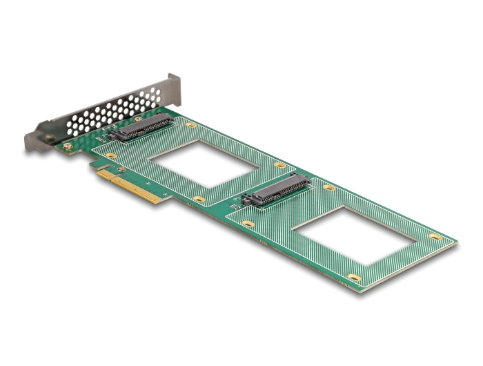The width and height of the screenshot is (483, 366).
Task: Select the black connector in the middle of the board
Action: (277, 191)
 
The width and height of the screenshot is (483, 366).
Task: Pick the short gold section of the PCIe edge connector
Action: (103, 175)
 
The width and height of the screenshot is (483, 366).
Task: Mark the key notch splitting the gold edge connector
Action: (111, 181)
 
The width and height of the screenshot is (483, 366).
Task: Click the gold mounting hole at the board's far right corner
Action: (435, 237)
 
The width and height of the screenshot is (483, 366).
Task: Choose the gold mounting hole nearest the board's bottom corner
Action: (354, 278)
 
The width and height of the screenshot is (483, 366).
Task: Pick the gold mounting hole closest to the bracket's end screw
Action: (111, 156)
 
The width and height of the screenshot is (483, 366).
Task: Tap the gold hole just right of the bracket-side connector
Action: (191, 125)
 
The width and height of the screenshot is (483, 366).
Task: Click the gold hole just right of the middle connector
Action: (329, 187)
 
